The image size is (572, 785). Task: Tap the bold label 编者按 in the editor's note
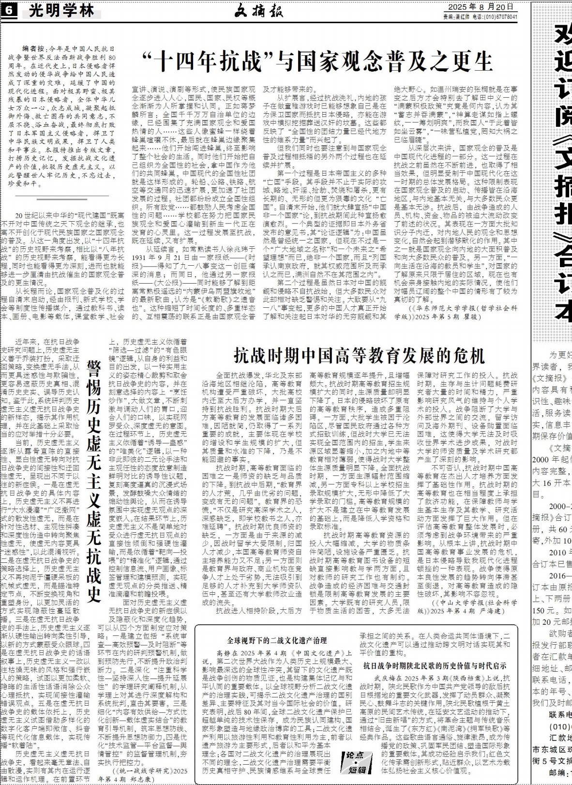pyautogui.click(x=33, y=49)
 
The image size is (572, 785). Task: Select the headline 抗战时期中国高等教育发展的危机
pyautogui.click(x=359, y=355)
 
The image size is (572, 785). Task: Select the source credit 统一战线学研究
pyautogui.click(x=141, y=770)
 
